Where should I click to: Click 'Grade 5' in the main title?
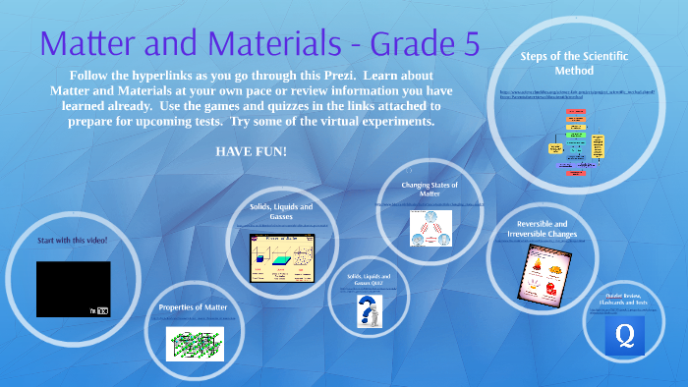click(413, 44)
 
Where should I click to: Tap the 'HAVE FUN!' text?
click(251, 151)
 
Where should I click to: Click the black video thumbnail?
click(73, 289)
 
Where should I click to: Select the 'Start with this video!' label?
click(73, 241)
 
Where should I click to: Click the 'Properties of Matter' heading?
click(194, 307)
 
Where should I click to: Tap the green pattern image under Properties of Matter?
click(194, 343)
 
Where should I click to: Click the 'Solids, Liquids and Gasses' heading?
click(282, 212)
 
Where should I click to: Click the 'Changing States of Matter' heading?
click(430, 189)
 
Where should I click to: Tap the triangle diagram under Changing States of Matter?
click(430, 228)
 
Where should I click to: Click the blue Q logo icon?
click(624, 337)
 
